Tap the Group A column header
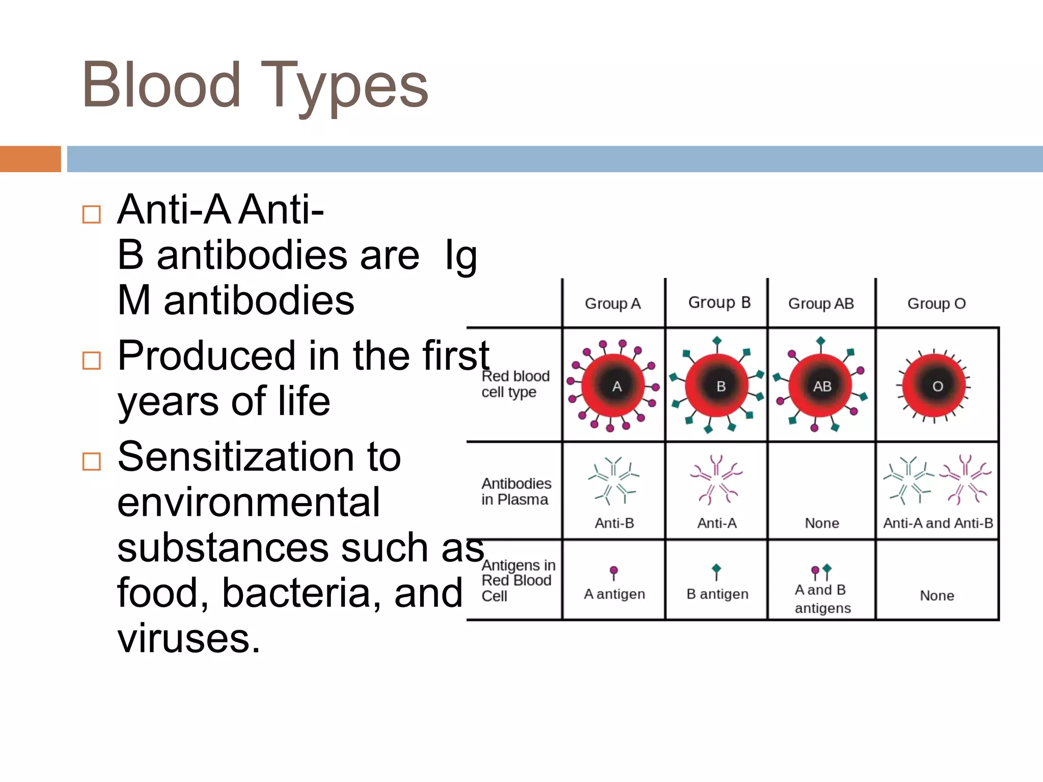[x=613, y=304]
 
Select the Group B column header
[x=719, y=302]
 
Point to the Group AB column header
[x=821, y=304]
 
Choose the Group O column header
[x=937, y=304]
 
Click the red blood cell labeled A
[x=614, y=386]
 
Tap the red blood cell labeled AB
[x=821, y=386]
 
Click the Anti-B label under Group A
[x=614, y=523]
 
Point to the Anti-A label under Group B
[x=717, y=523]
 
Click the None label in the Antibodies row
[x=822, y=523]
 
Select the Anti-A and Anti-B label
[x=938, y=523]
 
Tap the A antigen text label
[x=614, y=594]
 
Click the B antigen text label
[x=717, y=594]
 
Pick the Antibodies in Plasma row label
[x=516, y=491]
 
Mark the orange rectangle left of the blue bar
[x=30, y=159]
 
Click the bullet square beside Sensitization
[x=92, y=462]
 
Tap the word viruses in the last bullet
[x=188, y=638]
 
